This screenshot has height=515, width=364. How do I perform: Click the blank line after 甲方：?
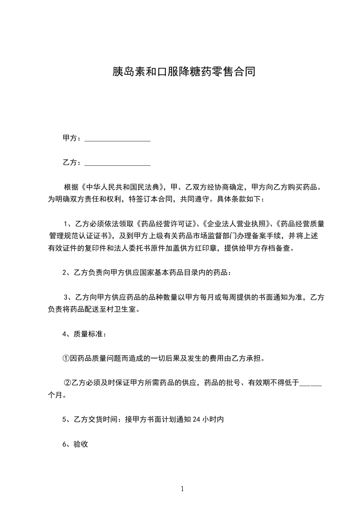[118, 138]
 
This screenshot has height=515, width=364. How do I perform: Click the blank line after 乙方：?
[118, 162]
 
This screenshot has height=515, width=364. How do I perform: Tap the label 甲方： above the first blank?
[72, 138]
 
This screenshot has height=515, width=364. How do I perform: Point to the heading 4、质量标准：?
[85, 334]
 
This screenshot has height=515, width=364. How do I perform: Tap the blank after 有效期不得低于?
[310, 382]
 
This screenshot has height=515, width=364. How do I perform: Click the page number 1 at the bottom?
[182, 489]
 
